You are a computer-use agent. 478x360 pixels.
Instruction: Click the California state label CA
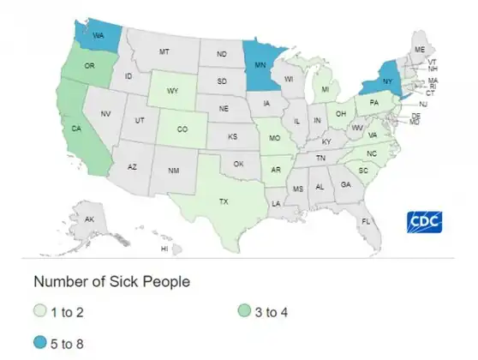click(76, 130)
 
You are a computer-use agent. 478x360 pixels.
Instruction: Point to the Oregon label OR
click(88, 66)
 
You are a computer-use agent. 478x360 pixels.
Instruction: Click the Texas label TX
click(224, 201)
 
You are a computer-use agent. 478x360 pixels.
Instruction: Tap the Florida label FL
click(366, 221)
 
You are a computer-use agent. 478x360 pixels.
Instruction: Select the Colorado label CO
click(183, 131)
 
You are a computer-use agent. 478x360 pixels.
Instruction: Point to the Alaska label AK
click(90, 219)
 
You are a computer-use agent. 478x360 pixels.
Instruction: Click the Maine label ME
click(419, 50)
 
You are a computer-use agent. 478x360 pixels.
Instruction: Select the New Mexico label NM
click(173, 171)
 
